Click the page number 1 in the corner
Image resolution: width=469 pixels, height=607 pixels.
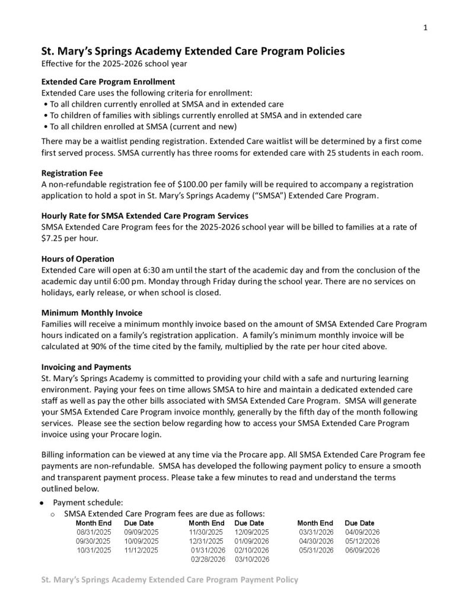click(426, 27)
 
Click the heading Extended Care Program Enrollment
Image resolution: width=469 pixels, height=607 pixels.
click(107, 82)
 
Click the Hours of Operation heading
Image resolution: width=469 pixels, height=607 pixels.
click(78, 259)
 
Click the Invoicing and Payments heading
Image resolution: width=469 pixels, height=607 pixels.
click(87, 367)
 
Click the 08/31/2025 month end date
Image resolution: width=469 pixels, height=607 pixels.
click(93, 532)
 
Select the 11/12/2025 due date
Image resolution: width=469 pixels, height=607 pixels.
click(141, 550)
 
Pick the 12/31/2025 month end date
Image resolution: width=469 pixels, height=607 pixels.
click(206, 541)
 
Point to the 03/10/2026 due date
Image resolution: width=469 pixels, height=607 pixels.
click(252, 559)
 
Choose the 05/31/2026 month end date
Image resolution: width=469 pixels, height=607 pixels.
click(317, 550)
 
